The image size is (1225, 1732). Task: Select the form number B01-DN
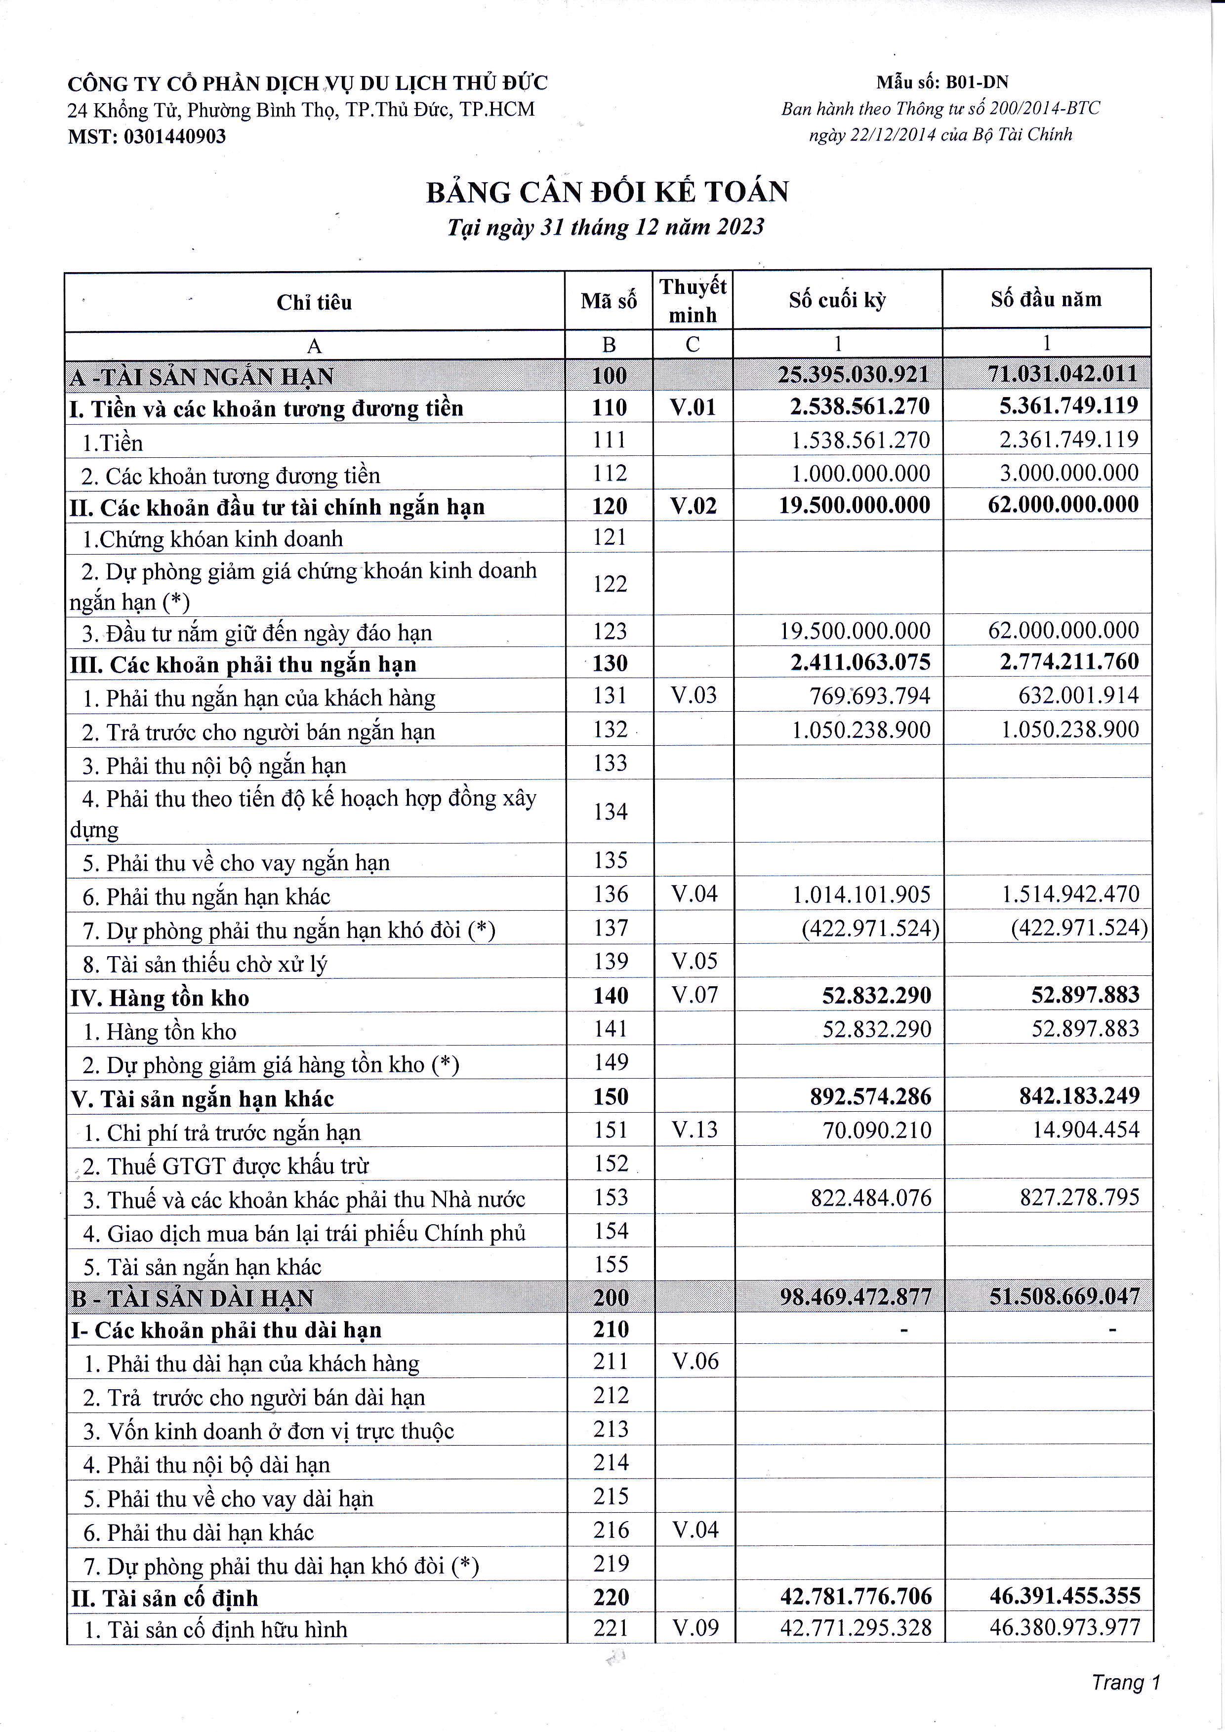pyautogui.click(x=977, y=82)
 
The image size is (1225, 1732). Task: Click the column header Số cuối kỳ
pyautogui.click(x=837, y=300)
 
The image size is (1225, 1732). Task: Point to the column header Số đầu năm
pyautogui.click(x=1046, y=299)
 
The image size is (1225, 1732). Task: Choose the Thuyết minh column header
pyautogui.click(x=693, y=300)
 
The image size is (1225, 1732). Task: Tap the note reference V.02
pyautogui.click(x=693, y=505)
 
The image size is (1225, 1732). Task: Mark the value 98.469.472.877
pyautogui.click(x=856, y=1297)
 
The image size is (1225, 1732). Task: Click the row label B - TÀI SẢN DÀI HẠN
pyautogui.click(x=192, y=1298)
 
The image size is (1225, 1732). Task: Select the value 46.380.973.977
pyautogui.click(x=1064, y=1627)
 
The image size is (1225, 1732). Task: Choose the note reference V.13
pyautogui.click(x=694, y=1129)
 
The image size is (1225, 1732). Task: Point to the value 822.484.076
pyautogui.click(x=870, y=1198)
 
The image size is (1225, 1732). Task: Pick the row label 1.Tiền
pyautogui.click(x=113, y=443)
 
